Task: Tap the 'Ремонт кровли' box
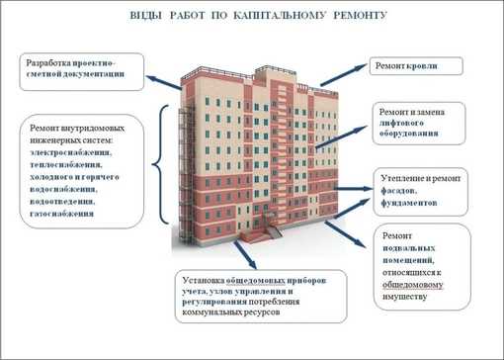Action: [x=404, y=66]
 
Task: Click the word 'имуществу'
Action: [x=408, y=295]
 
